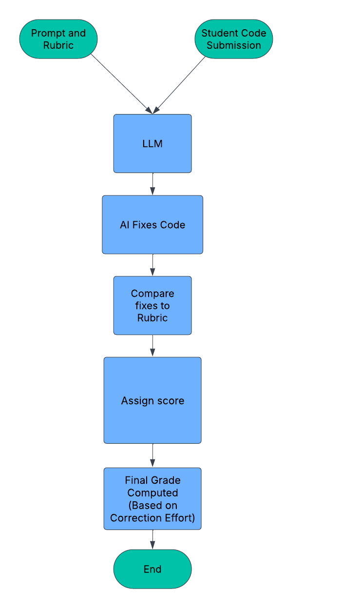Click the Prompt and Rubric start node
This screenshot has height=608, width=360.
(58, 39)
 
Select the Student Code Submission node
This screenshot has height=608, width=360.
(234, 39)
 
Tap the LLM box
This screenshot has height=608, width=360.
(152, 144)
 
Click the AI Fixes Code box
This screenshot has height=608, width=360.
(152, 225)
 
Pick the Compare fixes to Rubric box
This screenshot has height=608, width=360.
(152, 305)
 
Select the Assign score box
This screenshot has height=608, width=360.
(152, 400)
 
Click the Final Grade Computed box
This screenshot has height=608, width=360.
(152, 498)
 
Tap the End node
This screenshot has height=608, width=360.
(152, 569)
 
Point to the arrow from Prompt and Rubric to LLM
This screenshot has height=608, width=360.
(122, 84)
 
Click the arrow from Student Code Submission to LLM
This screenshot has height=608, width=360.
(180, 84)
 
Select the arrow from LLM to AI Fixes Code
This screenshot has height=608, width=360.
(152, 184)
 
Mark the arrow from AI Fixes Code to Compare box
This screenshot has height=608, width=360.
(152, 265)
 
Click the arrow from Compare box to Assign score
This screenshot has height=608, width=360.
(152, 346)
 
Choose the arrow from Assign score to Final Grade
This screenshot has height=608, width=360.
(152, 456)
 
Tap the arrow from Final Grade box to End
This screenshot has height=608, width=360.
(152, 540)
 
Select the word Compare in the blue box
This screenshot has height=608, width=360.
(152, 293)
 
